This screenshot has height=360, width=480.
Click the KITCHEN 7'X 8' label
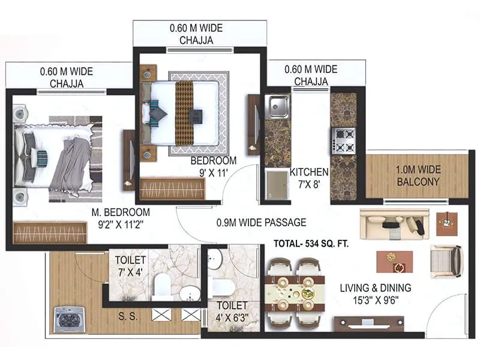[x=309, y=177]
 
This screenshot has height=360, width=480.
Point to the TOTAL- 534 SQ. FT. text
[x=311, y=244]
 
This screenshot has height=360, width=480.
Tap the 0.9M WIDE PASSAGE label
[x=261, y=223]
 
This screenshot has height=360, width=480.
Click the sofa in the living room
[x=394, y=224]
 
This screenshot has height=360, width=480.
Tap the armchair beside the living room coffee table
[x=446, y=261]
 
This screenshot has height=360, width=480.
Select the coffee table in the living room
[x=394, y=261]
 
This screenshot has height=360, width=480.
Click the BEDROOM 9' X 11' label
[x=214, y=166]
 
